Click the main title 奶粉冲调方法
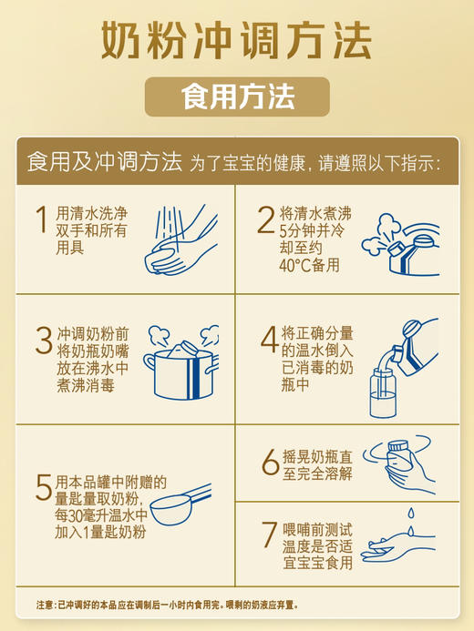pyautogui.click(x=236, y=40)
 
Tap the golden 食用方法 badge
pyautogui.click(x=236, y=97)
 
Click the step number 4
pyautogui.click(x=269, y=339)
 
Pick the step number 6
pyautogui.click(x=270, y=463)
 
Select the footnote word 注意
pyautogui.click(x=45, y=605)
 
